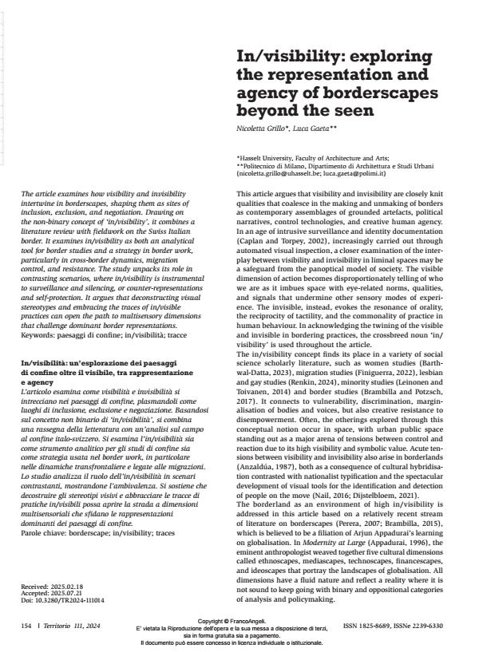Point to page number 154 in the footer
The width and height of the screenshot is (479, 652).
coord(27,625)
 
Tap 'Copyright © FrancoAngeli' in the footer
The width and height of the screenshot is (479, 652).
coord(239,618)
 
